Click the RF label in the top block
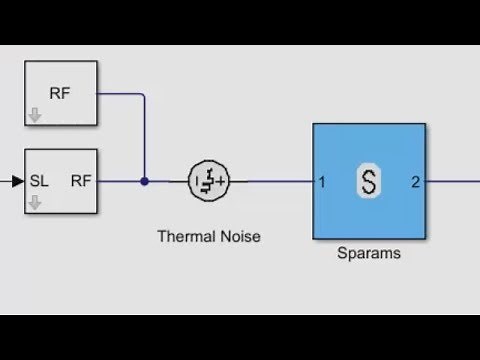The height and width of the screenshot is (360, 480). [x=61, y=94]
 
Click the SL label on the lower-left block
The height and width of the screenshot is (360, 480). [x=40, y=181]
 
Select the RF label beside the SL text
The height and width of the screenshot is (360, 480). [x=81, y=181]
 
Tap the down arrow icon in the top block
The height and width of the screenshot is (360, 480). [x=36, y=114]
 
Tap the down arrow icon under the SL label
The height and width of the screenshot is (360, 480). [x=36, y=203]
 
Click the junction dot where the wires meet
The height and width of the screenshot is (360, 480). [x=144, y=181]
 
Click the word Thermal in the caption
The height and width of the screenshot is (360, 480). [x=182, y=237]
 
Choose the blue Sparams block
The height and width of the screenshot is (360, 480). [x=369, y=150]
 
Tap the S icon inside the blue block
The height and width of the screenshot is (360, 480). [x=369, y=182]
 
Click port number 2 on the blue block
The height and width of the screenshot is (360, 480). [x=415, y=182]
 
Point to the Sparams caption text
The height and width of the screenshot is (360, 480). [x=369, y=253]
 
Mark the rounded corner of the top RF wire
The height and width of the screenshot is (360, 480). [x=143, y=96]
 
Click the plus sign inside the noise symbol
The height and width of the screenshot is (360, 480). [x=220, y=181]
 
